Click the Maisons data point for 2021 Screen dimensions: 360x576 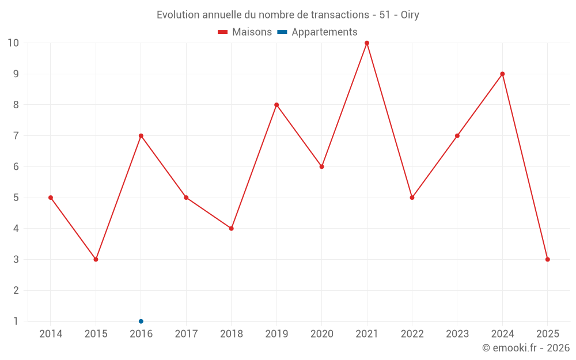[x=367, y=43]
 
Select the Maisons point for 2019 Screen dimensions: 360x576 [x=276, y=105]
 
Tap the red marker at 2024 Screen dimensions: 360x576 [x=502, y=74]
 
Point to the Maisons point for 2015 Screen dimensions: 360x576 [x=96, y=259]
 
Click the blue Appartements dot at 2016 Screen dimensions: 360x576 [x=141, y=321]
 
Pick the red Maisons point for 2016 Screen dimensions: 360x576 [x=141, y=136]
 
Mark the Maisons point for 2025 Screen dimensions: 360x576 [x=548, y=259]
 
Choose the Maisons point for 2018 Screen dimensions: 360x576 [x=232, y=228]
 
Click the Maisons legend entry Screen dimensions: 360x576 [x=245, y=32]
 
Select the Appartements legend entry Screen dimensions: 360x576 [x=317, y=32]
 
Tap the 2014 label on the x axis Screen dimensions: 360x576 [x=51, y=334]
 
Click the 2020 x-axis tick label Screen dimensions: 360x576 [x=322, y=334]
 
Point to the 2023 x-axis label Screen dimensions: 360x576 [x=457, y=334]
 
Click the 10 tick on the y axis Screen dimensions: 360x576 [x=13, y=43]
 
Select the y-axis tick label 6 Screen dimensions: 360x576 [x=16, y=166]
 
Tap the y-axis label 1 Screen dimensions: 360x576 [x=16, y=321]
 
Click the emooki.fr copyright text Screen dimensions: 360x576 [x=526, y=347]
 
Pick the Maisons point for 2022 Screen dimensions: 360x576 [x=412, y=198]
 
